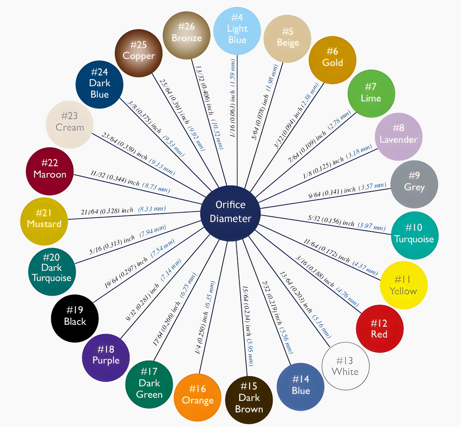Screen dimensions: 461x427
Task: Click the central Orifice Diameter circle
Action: pos(230,213)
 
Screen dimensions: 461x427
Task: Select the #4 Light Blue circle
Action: pos(237,31)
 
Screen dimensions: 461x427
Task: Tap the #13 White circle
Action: pos(346,366)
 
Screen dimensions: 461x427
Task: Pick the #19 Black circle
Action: pos(75,318)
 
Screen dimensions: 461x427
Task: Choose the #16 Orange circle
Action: pos(197,397)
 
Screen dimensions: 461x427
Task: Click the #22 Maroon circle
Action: pos(50,171)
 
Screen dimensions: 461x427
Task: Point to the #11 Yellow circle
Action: pos(404,285)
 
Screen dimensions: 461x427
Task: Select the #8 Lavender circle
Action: pos(399,137)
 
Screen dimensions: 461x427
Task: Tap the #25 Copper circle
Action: pos(139,53)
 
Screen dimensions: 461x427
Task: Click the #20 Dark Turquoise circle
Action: pos(52,272)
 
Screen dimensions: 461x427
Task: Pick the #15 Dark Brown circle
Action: pos(249,400)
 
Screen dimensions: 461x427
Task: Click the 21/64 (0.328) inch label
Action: pos(107,211)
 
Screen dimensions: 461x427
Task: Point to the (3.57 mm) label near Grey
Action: pos(372,187)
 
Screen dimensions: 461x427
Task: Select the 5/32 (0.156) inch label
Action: pos(330,221)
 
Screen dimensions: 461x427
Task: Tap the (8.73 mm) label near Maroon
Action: pos(156,188)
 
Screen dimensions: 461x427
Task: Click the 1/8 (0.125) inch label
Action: pos(324,167)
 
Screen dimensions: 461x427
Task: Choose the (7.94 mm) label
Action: pos(153,231)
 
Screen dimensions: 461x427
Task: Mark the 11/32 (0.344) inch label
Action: pos(115,179)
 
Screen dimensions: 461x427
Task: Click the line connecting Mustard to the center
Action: pos(134,215)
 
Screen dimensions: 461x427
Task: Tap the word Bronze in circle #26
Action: pos(186,38)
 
